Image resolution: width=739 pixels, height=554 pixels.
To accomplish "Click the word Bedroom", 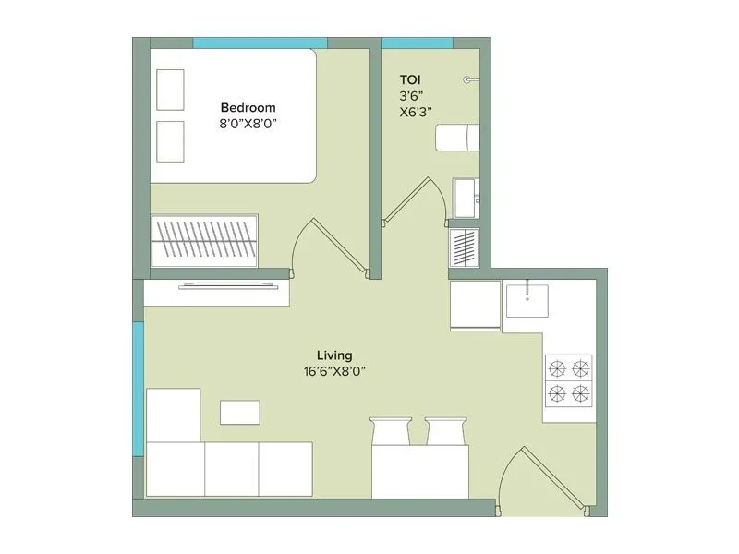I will pos(248,106).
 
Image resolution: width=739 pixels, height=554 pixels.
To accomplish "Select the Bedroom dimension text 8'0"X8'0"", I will pos(248,123).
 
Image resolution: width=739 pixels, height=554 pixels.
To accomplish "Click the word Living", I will pos(334,355).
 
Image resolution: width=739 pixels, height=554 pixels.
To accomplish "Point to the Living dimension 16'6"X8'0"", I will pos(334,371).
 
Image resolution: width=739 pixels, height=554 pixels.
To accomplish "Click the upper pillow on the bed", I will pos(170,90).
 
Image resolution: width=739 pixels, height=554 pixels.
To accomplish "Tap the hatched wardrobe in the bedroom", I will pos(204,240).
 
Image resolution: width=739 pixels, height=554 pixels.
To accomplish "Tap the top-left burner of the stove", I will pos(557,368).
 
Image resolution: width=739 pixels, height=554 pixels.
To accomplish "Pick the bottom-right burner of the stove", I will pos(581,394).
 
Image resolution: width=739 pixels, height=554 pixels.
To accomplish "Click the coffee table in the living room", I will pos(239,412).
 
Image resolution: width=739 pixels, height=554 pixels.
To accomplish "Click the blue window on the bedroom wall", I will pos(260,42).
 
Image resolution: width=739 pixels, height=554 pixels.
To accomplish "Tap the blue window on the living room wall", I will pos(138,388).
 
